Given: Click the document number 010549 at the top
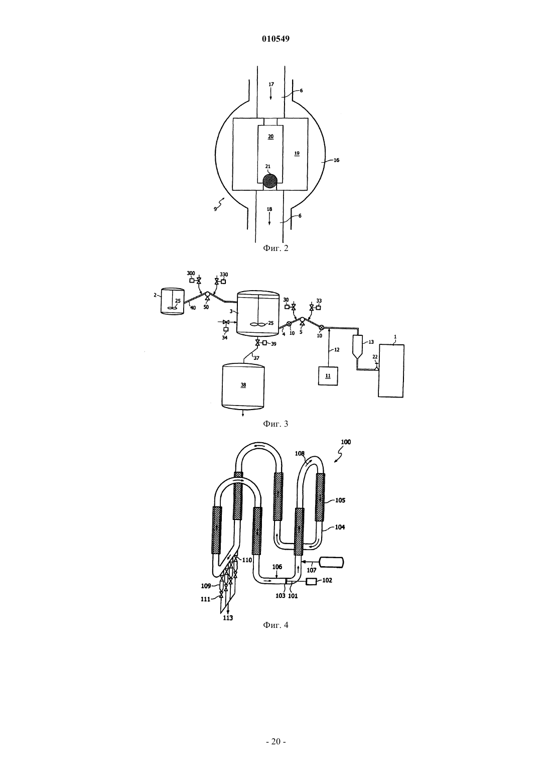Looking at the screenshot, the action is (x=275, y=39).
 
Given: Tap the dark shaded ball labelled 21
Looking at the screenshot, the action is (x=270, y=181).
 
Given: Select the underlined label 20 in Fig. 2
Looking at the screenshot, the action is (x=271, y=137).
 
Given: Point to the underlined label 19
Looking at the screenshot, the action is (x=297, y=153).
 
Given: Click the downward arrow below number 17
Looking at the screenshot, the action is (x=271, y=95).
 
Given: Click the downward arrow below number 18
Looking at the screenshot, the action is (x=269, y=220).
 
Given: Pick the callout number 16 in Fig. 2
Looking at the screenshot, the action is (x=336, y=161).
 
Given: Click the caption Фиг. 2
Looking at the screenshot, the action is (x=275, y=248).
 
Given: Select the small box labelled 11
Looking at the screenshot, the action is (x=328, y=376).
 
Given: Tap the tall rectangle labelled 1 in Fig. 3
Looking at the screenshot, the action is (x=391, y=370).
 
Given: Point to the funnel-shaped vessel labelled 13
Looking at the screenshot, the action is (x=357, y=347).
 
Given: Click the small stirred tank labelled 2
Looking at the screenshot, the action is (x=173, y=301).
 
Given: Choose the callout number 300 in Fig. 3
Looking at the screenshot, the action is (x=191, y=273).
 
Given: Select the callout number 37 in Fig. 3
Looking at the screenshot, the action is (x=256, y=358).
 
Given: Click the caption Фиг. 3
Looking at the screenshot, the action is (x=275, y=424).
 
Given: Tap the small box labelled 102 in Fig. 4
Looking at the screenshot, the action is (x=311, y=581).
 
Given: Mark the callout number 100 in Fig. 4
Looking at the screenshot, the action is (x=346, y=442).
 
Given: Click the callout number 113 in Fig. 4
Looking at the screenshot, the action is (x=228, y=618).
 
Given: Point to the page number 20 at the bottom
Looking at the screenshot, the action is (x=275, y=741).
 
